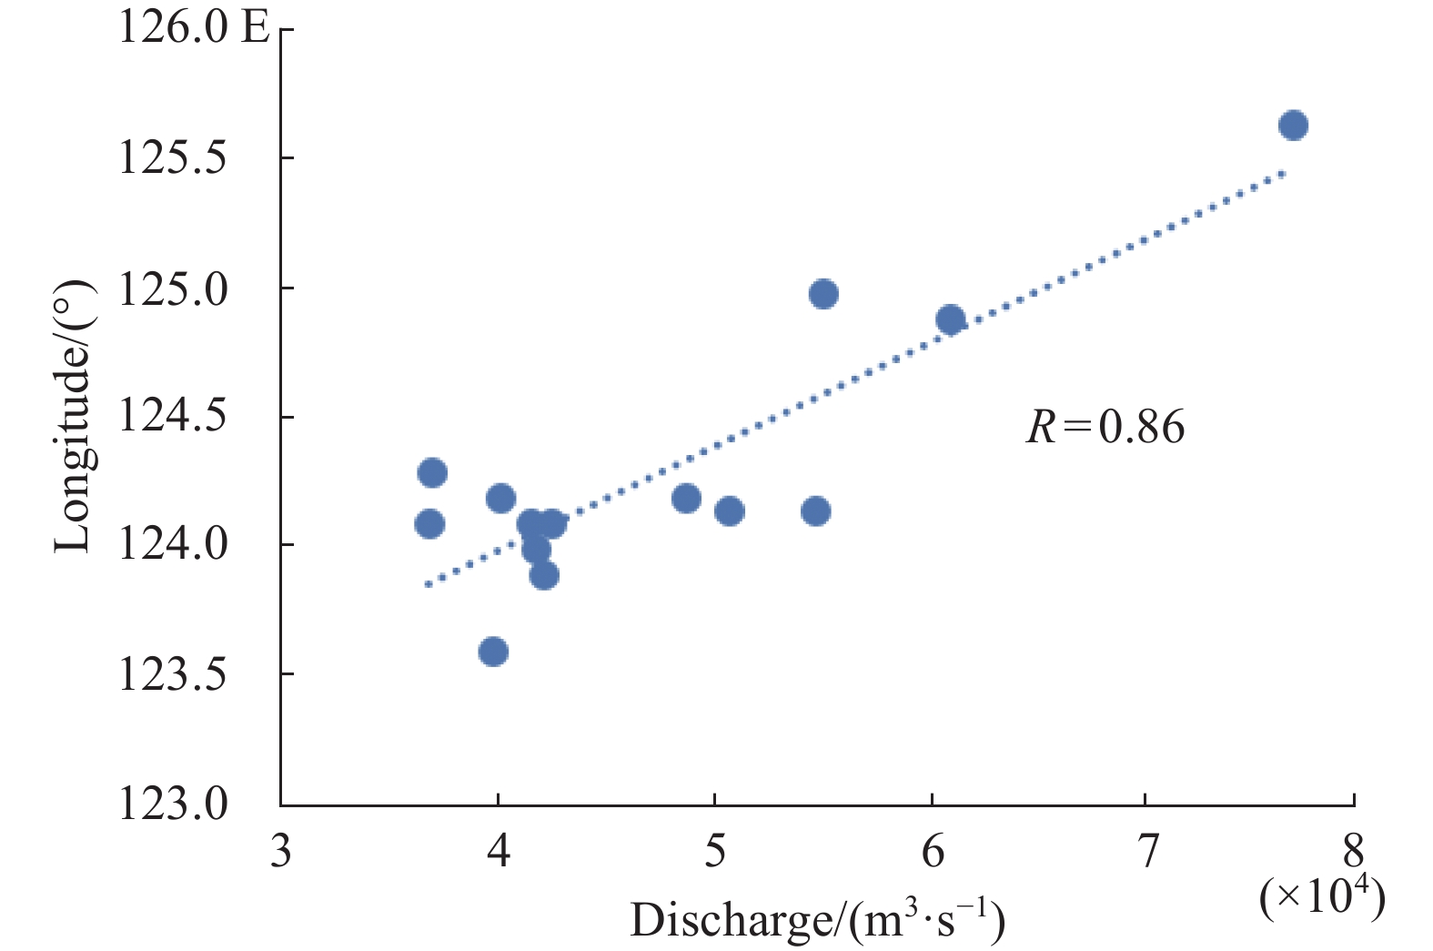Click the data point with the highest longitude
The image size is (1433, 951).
[x=1292, y=126]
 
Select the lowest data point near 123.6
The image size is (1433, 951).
[x=493, y=652]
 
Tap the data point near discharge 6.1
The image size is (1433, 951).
[x=950, y=319]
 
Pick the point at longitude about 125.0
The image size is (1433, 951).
[x=823, y=294]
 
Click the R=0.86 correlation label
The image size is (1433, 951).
[x=1105, y=427]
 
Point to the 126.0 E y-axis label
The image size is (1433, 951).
[x=194, y=27]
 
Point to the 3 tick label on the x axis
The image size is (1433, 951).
[x=281, y=851]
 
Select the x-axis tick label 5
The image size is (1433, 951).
[x=715, y=851]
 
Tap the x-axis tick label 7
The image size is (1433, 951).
[x=1148, y=851]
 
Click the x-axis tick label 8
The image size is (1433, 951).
[x=1354, y=851]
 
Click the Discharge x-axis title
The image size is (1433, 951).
[x=817, y=921]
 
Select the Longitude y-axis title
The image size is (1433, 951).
[x=73, y=416]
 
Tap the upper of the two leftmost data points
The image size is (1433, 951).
[x=432, y=472]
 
